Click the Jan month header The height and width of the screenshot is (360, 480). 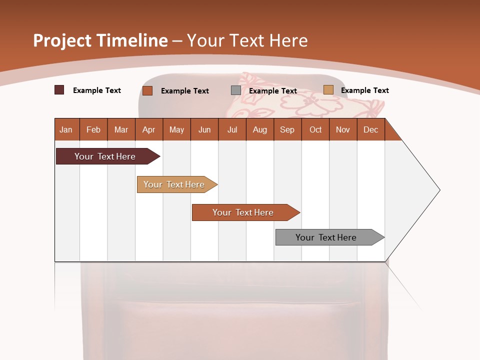pyautogui.click(x=66, y=129)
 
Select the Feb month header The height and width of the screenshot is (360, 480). pyautogui.click(x=93, y=129)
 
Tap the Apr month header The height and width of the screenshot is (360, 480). pyautogui.click(x=149, y=129)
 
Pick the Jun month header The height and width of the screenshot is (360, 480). pyautogui.click(x=204, y=129)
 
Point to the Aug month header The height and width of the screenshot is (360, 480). pyautogui.click(x=260, y=129)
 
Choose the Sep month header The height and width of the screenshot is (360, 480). pyautogui.click(x=287, y=129)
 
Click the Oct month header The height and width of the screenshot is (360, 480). pyautogui.click(x=315, y=129)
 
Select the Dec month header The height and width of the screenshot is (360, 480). pyautogui.click(x=371, y=129)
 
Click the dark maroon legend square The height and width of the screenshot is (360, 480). pyautogui.click(x=59, y=90)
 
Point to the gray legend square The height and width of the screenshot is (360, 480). pyautogui.click(x=236, y=90)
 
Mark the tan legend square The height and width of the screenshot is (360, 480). pyautogui.click(x=328, y=90)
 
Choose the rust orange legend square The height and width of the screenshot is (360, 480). pyautogui.click(x=147, y=90)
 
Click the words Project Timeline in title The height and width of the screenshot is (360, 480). pyautogui.click(x=100, y=40)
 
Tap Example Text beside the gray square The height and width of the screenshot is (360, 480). pyautogui.click(x=273, y=91)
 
